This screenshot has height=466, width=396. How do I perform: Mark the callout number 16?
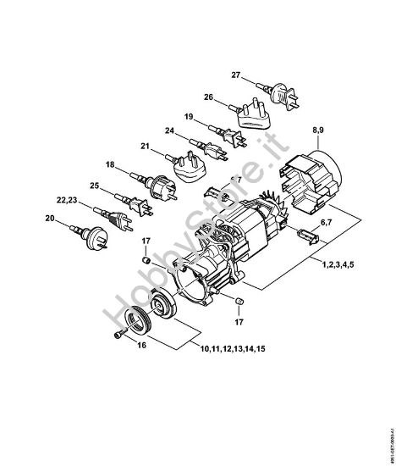click(x=140, y=346)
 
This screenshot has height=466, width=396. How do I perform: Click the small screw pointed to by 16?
click(x=118, y=337)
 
